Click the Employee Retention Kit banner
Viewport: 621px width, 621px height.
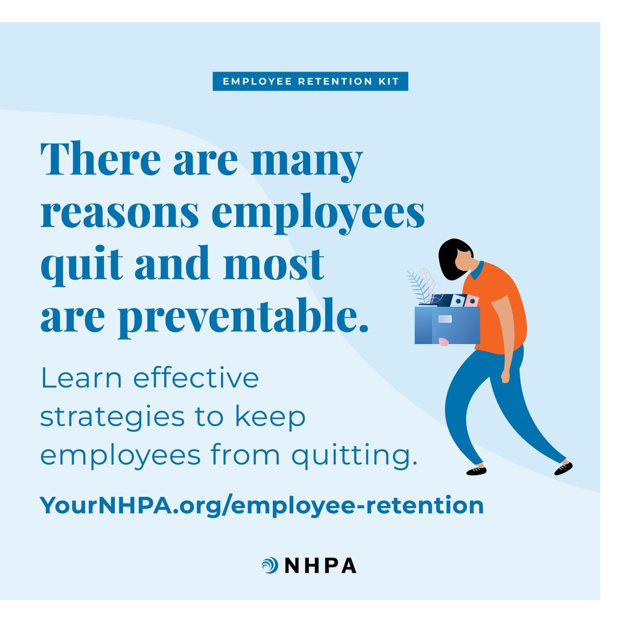coord(310,82)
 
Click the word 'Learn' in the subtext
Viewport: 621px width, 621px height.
coord(82,378)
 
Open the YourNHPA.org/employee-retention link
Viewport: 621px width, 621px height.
coord(262,505)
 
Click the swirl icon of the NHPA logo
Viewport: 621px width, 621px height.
coord(270,565)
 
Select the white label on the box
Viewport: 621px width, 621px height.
coord(445,319)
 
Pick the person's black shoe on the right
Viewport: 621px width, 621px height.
coord(563,468)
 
